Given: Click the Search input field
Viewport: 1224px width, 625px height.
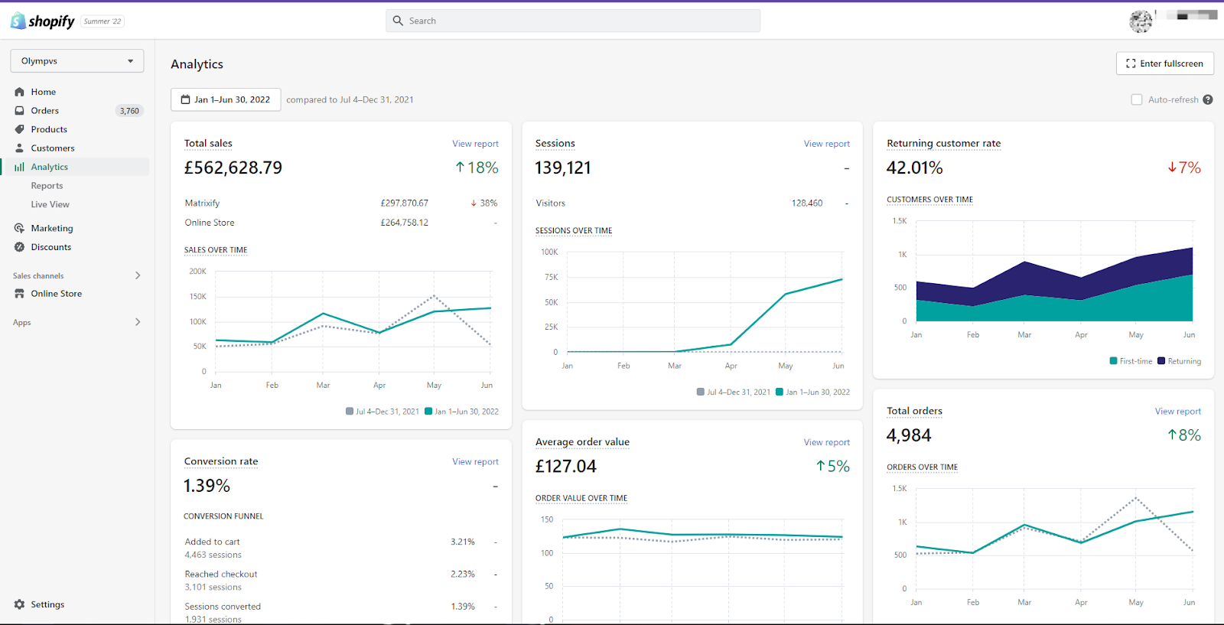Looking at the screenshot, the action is click(x=573, y=21).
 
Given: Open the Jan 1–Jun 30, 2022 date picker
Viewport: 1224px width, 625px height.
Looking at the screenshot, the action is click(x=226, y=99).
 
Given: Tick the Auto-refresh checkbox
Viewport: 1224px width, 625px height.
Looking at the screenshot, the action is click(x=1137, y=99).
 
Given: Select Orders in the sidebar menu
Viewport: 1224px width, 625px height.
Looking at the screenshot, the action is click(x=45, y=110).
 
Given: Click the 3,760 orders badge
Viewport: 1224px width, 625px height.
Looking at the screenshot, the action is click(x=129, y=111).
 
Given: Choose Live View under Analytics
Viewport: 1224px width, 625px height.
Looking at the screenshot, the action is click(x=50, y=204).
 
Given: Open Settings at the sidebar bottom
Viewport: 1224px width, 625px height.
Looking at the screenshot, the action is click(x=47, y=604).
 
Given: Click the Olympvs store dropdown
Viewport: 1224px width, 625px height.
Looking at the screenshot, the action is click(x=77, y=60).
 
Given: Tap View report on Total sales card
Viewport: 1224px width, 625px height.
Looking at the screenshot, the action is click(x=475, y=144).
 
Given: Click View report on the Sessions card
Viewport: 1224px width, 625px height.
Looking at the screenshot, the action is click(x=827, y=144).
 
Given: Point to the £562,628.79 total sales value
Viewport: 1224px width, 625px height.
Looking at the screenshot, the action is click(x=233, y=168).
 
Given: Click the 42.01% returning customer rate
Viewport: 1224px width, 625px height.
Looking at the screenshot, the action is click(x=915, y=168).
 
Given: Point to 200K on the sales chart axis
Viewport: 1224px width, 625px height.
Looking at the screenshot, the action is click(x=198, y=271).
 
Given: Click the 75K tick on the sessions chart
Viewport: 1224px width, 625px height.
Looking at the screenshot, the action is click(x=552, y=277).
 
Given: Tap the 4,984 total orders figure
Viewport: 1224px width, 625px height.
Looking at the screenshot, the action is click(x=909, y=435).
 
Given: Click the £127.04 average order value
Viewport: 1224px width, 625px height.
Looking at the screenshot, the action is click(x=566, y=466).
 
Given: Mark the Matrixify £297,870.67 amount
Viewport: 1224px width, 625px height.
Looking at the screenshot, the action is click(x=405, y=203).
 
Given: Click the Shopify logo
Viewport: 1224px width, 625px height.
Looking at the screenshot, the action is click(x=43, y=21).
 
